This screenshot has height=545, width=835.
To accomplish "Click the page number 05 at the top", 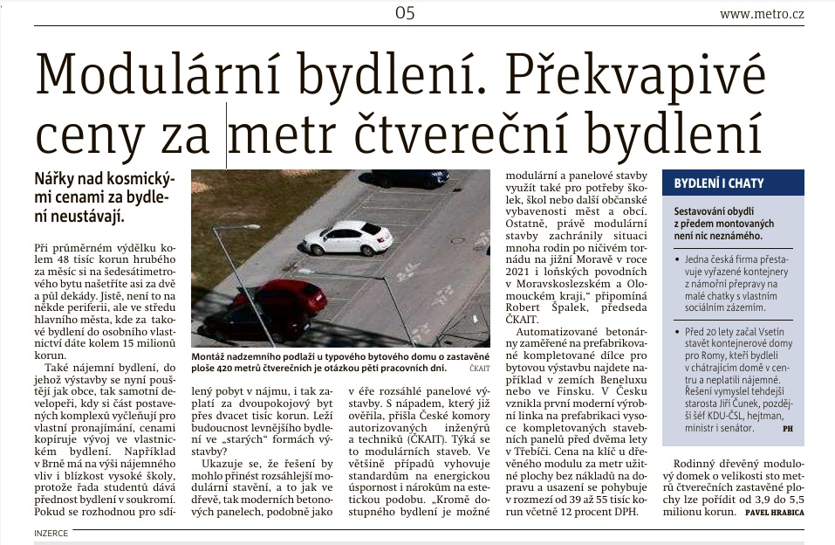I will click(x=404, y=12).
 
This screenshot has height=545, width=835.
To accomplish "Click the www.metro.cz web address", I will click(x=761, y=13).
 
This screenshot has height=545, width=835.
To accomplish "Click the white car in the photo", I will click(x=349, y=238).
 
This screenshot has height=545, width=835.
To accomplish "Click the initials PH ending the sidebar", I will click(x=788, y=430).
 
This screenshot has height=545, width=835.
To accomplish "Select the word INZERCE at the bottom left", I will click(x=51, y=532).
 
